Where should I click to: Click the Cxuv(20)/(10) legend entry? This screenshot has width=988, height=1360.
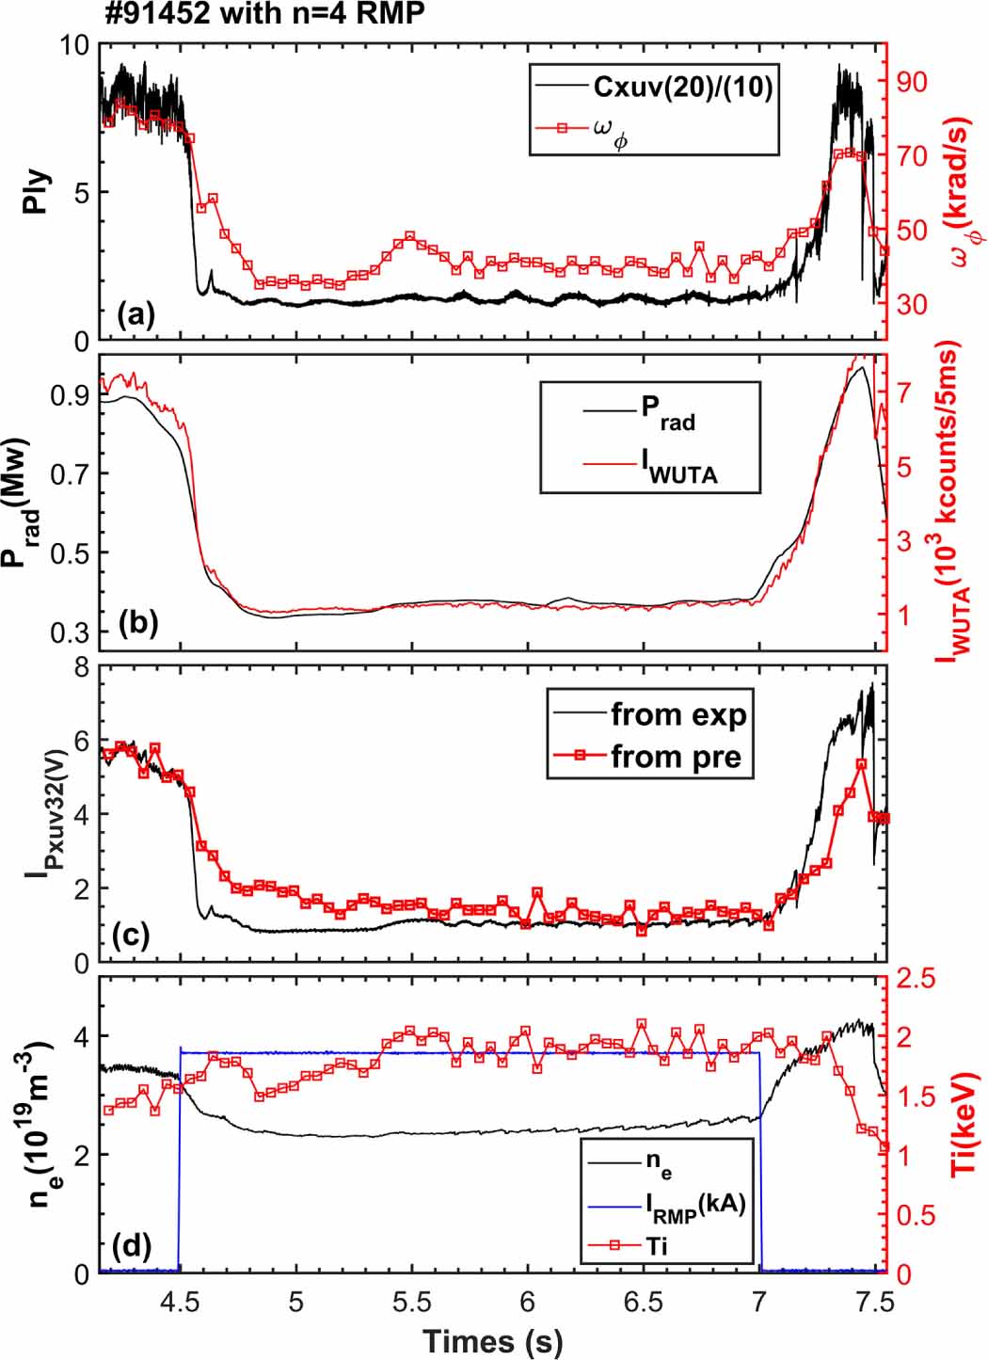point(682,88)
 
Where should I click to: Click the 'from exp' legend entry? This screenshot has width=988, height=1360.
point(677,714)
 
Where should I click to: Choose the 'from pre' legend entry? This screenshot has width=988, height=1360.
point(675,756)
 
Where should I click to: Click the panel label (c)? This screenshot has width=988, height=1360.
point(131,936)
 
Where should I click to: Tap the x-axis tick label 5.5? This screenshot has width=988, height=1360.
point(411,1302)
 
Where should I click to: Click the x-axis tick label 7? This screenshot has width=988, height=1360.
point(759,1302)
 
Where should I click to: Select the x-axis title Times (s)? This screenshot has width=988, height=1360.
point(492,1340)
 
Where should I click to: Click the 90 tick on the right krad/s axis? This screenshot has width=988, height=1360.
point(910,82)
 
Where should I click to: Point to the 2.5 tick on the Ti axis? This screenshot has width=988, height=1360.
point(916,979)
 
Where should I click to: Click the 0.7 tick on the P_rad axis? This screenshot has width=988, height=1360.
point(71,473)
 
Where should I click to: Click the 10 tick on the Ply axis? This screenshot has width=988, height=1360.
point(73,45)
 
